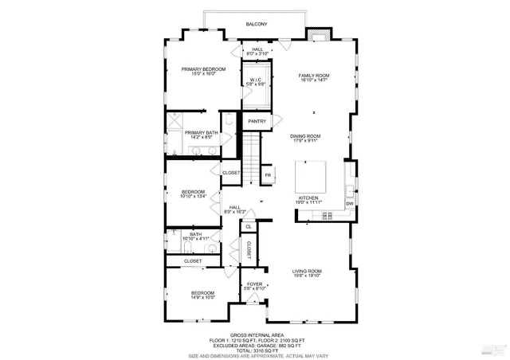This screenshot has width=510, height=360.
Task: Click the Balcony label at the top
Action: tap(256, 25)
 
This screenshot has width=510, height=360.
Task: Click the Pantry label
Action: tap(257, 121)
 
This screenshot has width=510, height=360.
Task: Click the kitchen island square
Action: tap(312, 175)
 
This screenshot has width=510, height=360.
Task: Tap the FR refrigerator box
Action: tap(268, 175)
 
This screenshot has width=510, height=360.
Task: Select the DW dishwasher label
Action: tap(349, 204)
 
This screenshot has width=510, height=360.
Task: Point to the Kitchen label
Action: tap(308, 199)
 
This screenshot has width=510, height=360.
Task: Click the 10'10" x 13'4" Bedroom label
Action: tap(194, 194)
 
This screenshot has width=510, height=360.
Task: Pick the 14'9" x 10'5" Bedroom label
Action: tap(203, 295)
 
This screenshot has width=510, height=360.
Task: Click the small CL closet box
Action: tap(249, 227)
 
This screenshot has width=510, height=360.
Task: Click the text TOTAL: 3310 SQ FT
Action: tap(255, 350)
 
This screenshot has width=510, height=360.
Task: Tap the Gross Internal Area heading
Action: tap(255, 335)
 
